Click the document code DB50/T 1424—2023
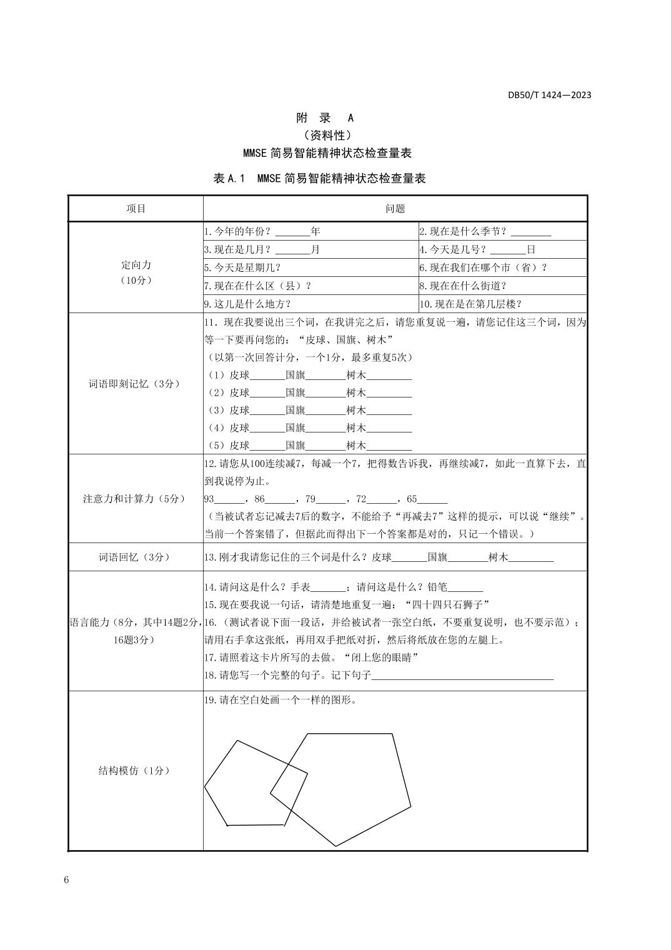[549, 95]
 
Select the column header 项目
[136, 209]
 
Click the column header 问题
[395, 209]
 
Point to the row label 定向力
[136, 265]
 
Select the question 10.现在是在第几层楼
[470, 304]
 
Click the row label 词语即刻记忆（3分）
[134, 384]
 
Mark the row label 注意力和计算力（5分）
[134, 499]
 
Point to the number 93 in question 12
[209, 499]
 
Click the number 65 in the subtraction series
[412, 499]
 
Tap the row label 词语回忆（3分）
[134, 557]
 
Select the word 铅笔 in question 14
[437, 587]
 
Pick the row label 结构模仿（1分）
[134, 771]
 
